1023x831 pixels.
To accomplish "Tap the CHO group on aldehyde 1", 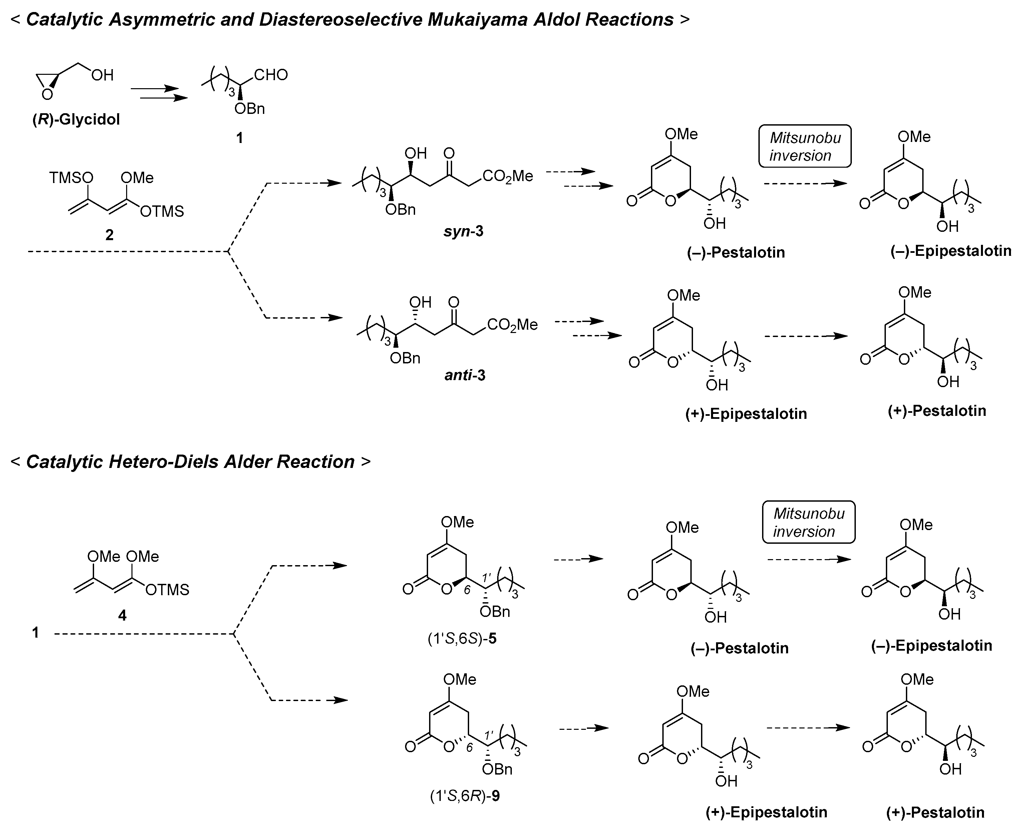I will [x=271, y=75].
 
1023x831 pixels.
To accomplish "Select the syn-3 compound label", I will [x=463, y=231].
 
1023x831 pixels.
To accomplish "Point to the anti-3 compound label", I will [x=464, y=375].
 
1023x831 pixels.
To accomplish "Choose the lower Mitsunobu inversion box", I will [x=808, y=522].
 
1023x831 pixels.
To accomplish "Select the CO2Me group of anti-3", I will [x=512, y=325].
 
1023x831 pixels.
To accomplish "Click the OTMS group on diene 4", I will [x=167, y=590].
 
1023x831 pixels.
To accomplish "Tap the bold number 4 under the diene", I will [x=122, y=615].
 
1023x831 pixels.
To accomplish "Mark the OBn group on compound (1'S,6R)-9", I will [x=497, y=769].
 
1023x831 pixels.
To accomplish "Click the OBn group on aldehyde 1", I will [x=249, y=109].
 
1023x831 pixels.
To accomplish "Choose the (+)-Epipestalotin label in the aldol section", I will [x=746, y=413].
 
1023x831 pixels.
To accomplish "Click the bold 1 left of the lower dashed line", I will [x=35, y=633].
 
